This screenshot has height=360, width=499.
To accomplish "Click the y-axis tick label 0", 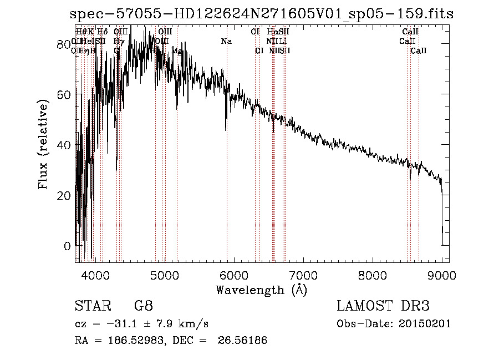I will (x=67, y=246).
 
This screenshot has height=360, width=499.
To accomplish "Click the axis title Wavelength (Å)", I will (x=261, y=290).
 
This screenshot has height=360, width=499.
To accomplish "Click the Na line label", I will (x=226, y=41).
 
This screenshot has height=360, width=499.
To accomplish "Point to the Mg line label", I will (x=177, y=50).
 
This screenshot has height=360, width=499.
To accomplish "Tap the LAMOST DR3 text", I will (x=383, y=306).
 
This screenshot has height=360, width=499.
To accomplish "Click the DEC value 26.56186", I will (x=245, y=340).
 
